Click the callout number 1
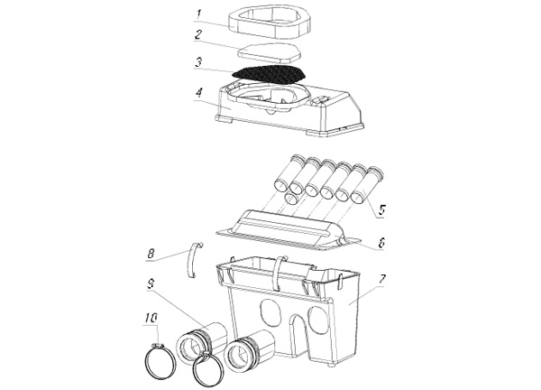pos(199,14)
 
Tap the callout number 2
pos(198,35)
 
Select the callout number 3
pos(198,62)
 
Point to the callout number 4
pos(199,93)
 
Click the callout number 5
pos(381,210)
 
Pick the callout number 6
pos(381,243)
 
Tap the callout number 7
pos(382,280)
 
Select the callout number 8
pos(151,255)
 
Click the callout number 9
pos(151,284)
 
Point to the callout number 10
pos(151,318)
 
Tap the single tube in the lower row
pos(293,199)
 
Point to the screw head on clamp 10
pos(158,345)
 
